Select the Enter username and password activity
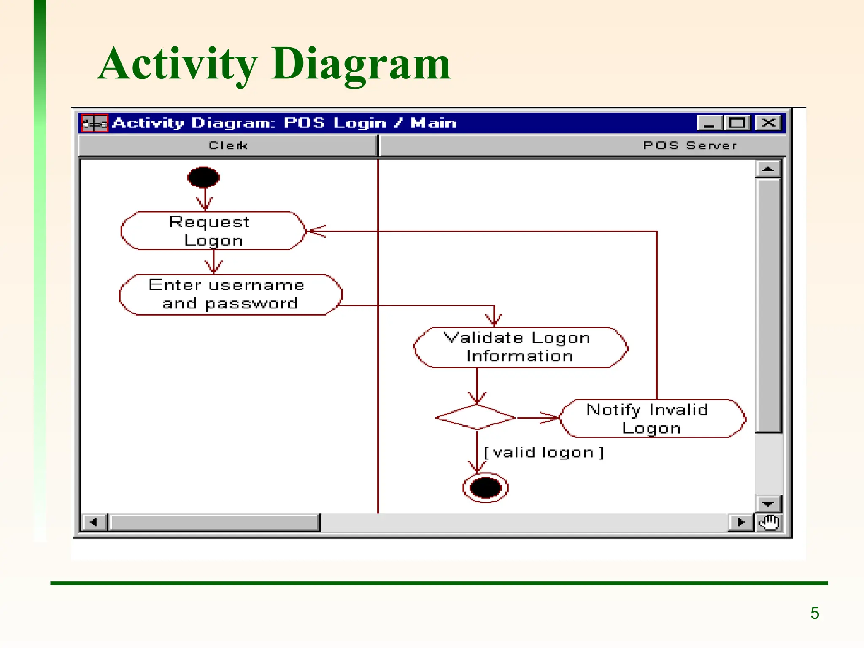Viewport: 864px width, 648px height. (230, 294)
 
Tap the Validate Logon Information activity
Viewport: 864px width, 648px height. (520, 347)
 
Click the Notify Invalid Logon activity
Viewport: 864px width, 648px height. (652, 418)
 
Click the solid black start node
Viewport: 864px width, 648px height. (203, 177)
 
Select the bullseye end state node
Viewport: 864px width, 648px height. (485, 488)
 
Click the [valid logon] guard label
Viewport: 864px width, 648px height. (544, 453)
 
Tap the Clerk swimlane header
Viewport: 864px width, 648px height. (228, 146)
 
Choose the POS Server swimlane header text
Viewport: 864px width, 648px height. (690, 146)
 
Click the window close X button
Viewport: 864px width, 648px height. (768, 123)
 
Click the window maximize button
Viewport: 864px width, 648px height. (737, 123)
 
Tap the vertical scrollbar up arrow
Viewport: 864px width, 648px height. (768, 169)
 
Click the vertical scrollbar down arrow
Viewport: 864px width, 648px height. (768, 504)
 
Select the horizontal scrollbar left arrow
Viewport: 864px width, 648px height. (93, 522)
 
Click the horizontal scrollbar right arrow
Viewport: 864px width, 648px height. (741, 522)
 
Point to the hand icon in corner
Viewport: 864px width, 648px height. (769, 522)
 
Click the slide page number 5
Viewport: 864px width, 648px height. (815, 613)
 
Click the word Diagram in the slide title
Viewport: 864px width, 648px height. (361, 64)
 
